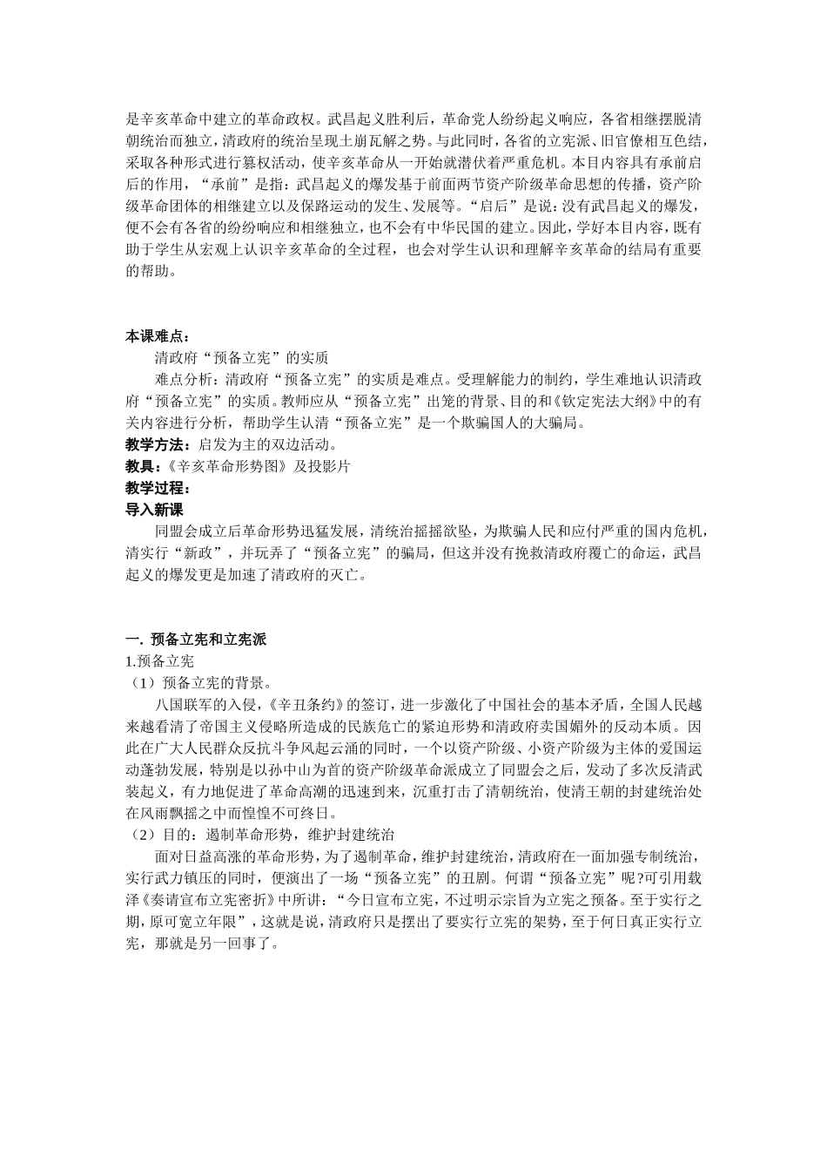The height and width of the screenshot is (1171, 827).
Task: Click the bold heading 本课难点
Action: point(156,335)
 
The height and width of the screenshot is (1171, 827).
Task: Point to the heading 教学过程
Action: point(156,488)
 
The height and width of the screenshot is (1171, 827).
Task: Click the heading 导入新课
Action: point(155,510)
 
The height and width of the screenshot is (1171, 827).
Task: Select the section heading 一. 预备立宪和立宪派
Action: point(196,640)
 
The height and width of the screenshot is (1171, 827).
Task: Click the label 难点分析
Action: point(184,380)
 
